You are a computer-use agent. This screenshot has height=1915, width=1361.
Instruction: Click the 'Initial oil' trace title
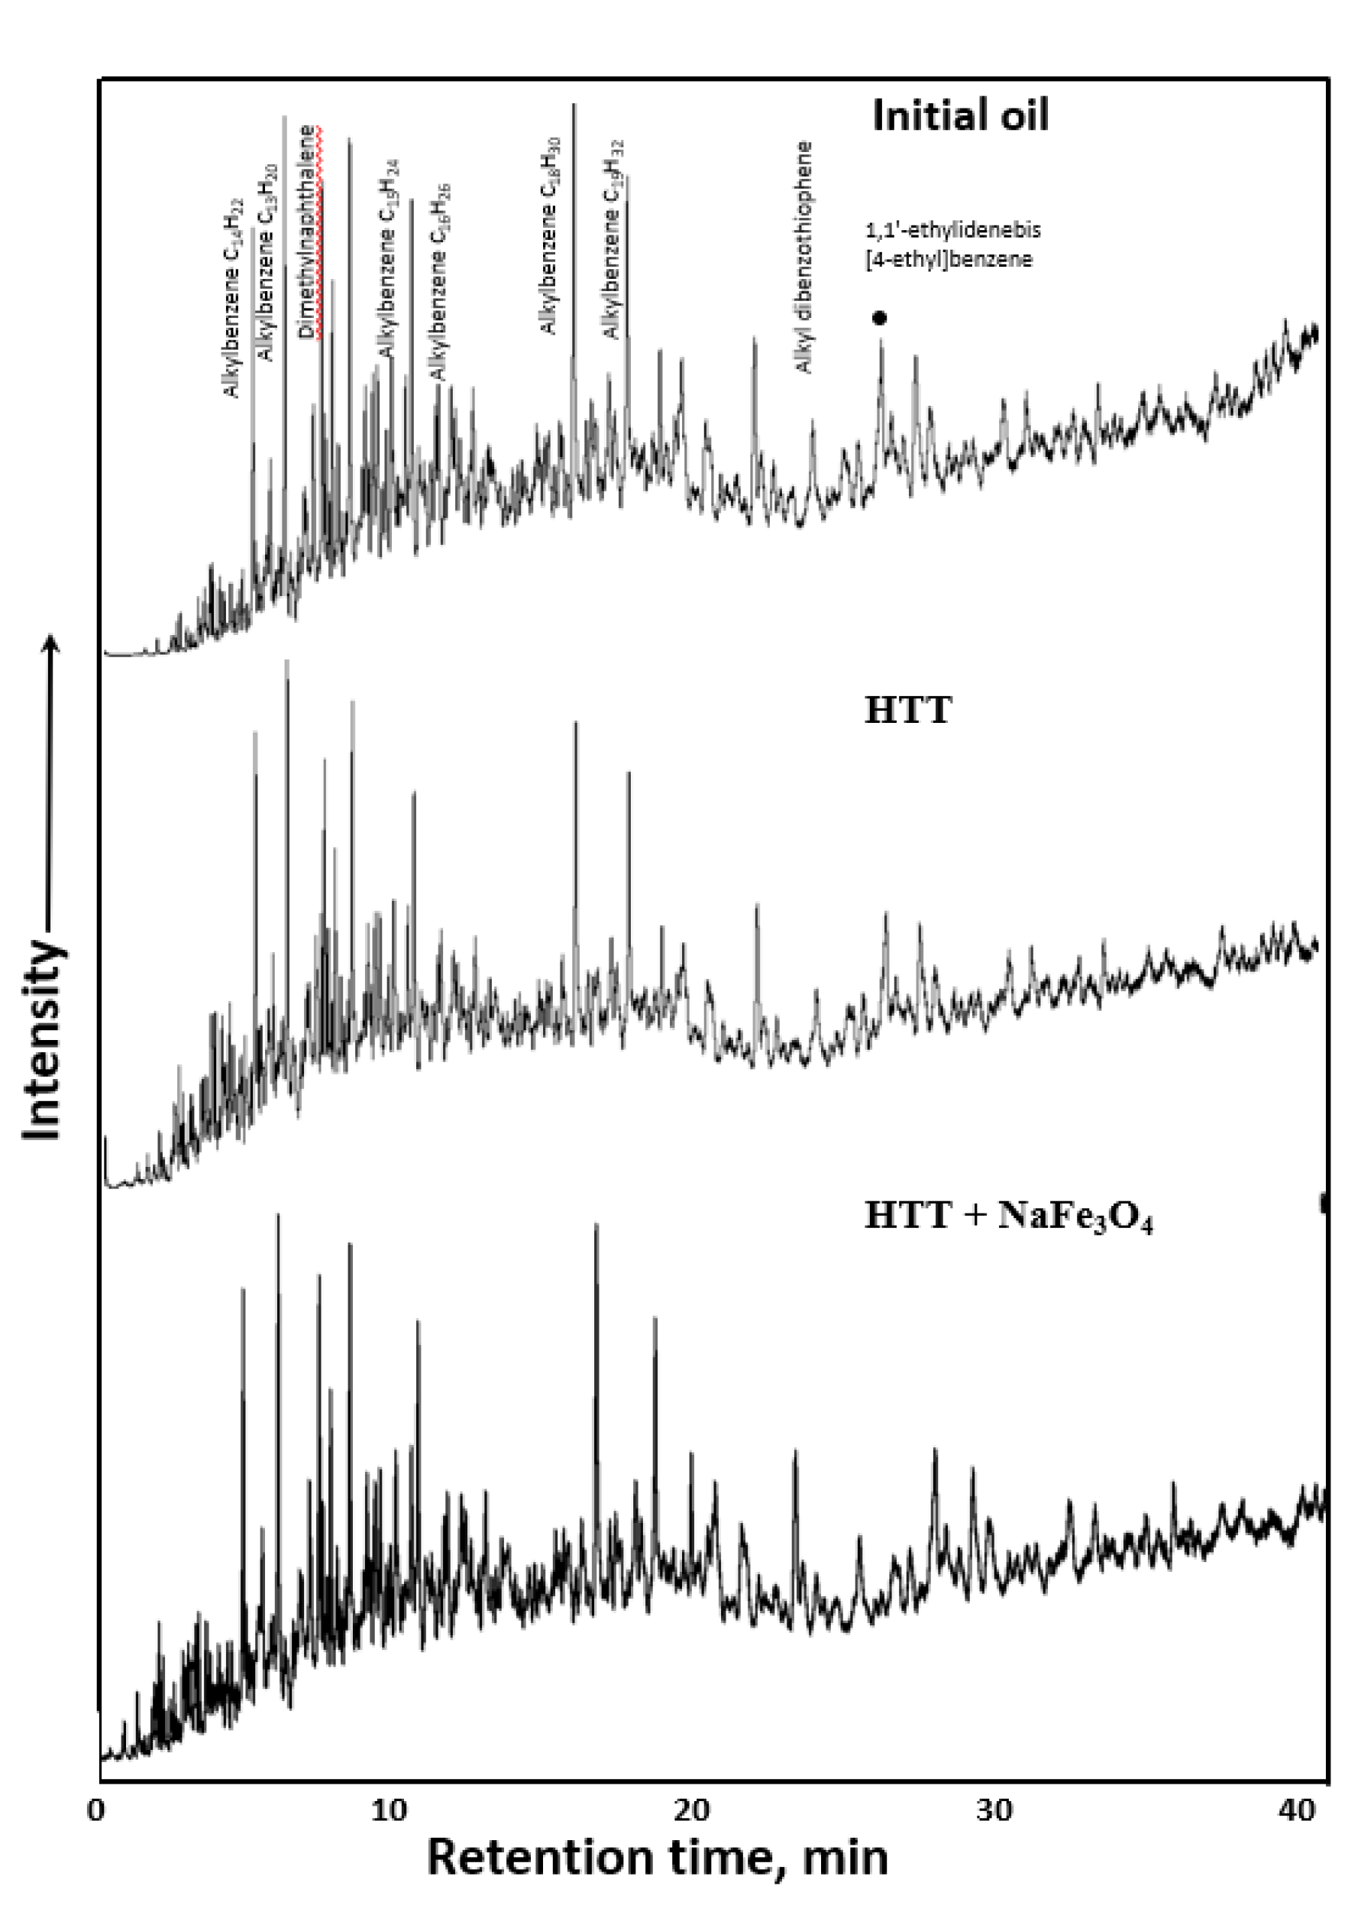click(x=959, y=115)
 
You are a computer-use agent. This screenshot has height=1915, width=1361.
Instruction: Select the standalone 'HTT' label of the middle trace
click(x=907, y=711)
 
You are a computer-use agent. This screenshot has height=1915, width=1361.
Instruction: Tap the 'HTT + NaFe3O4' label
click(x=1008, y=1217)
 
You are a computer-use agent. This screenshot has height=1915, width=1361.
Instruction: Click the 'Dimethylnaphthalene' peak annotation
click(x=309, y=232)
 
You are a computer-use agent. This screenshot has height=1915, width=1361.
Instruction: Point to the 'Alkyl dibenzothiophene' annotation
click(x=803, y=258)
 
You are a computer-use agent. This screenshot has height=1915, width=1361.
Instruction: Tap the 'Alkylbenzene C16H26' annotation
click(x=439, y=281)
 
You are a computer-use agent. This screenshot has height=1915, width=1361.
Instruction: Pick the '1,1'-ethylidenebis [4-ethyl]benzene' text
click(x=953, y=244)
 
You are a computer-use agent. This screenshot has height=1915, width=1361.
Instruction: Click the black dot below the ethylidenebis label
click(x=879, y=318)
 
